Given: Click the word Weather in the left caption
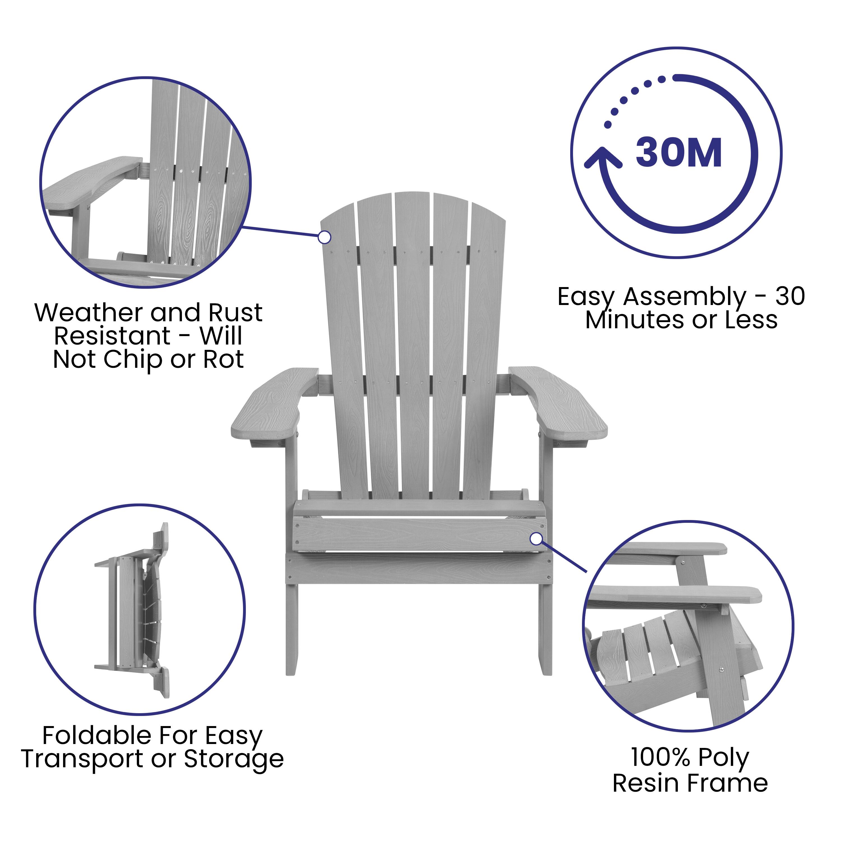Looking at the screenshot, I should (88, 313).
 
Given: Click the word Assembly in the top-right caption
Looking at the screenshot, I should (684, 297).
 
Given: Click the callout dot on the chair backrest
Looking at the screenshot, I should (324, 237).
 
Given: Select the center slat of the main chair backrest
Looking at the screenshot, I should (413, 348).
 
